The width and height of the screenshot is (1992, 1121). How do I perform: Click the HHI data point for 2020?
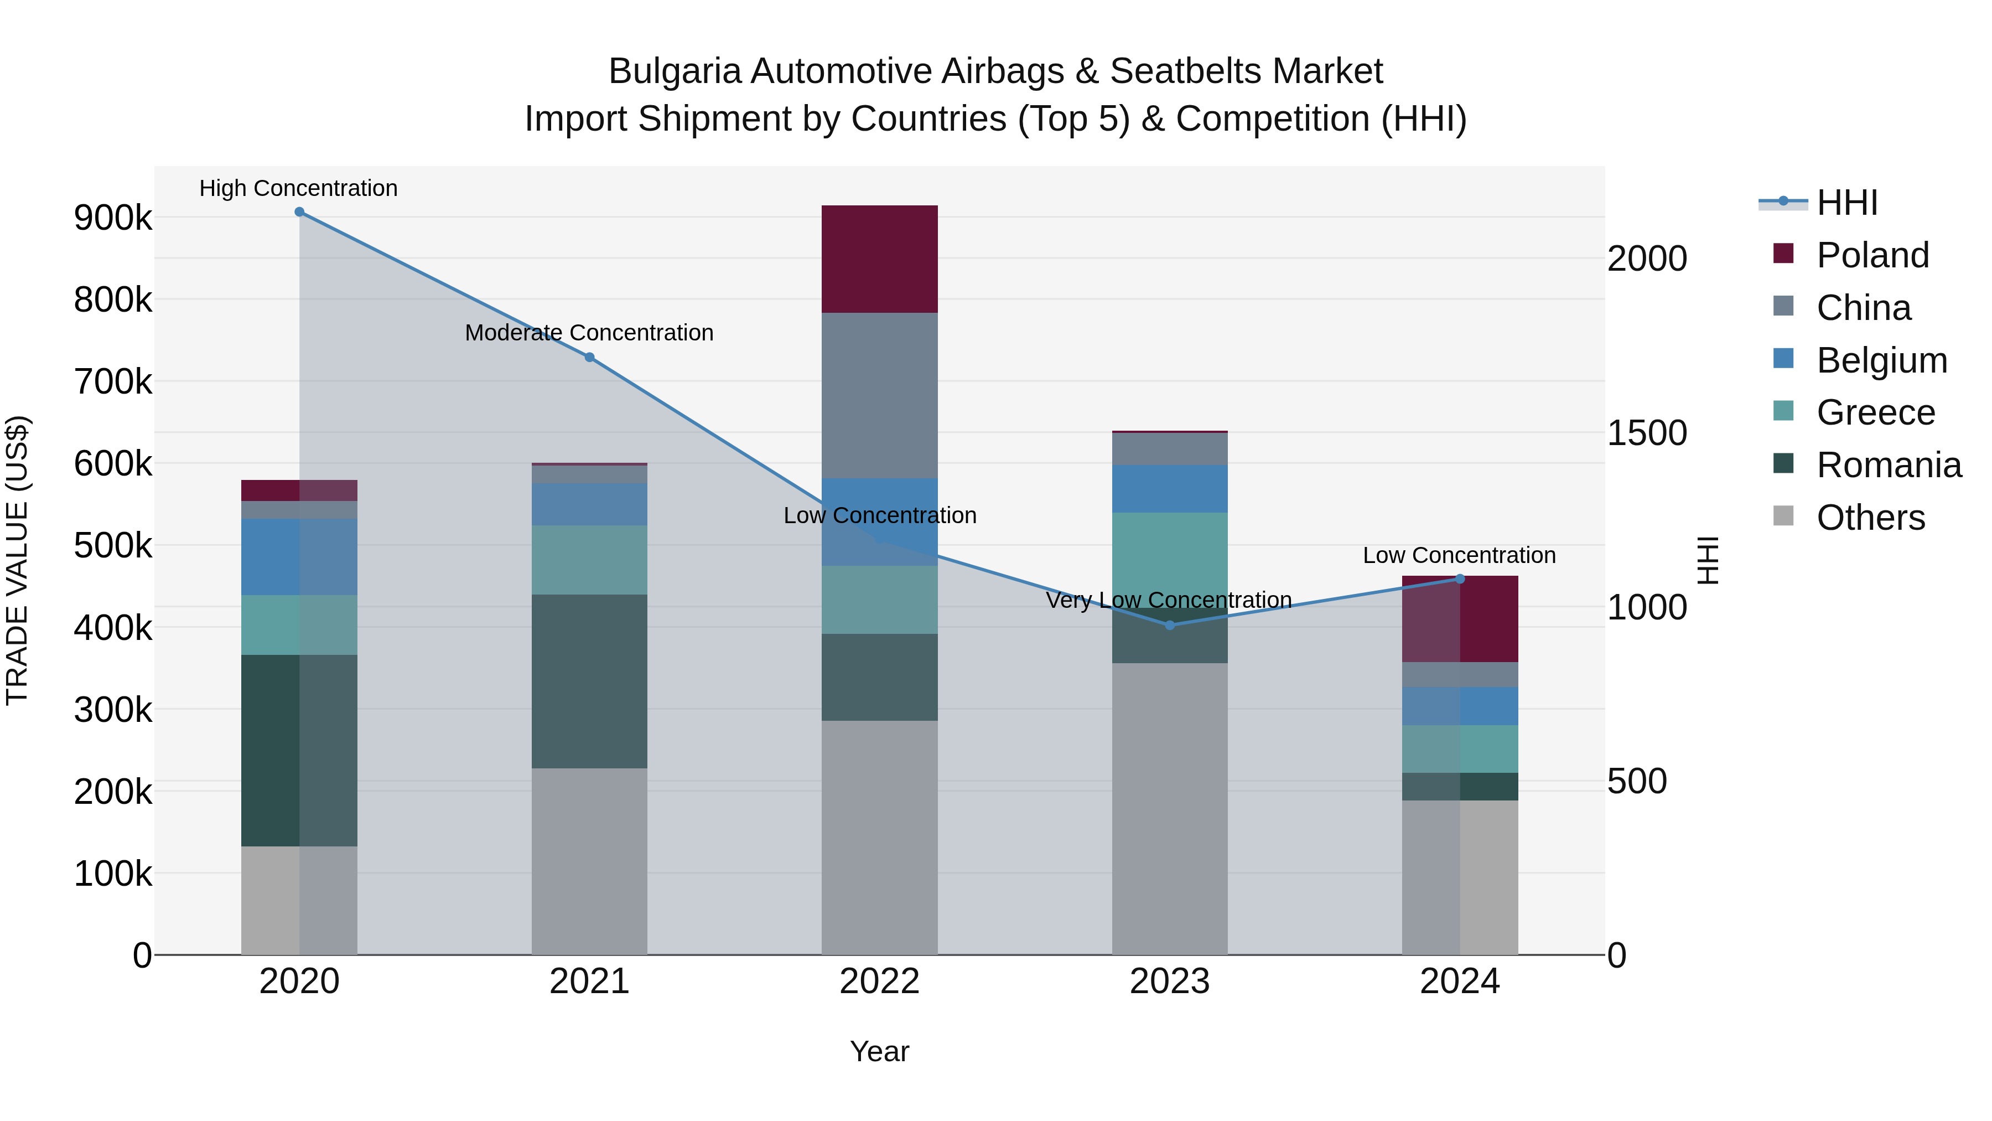point(299,212)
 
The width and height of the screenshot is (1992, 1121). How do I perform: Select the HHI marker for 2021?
point(589,358)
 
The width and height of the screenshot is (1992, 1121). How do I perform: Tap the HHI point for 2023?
point(1169,625)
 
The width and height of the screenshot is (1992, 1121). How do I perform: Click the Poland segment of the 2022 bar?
point(879,259)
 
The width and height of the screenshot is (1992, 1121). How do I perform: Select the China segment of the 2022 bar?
point(879,395)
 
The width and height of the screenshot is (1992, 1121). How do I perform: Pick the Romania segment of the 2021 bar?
point(589,681)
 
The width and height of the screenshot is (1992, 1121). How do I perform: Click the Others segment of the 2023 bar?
point(1169,808)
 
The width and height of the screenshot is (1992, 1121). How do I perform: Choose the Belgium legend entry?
point(1881,360)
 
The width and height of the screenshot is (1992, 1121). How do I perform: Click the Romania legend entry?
point(1889,465)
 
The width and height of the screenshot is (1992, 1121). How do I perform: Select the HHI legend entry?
point(1846,203)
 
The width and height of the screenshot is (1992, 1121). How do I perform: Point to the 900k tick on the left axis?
point(113,218)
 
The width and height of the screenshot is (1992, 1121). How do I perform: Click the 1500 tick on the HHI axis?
point(1647,433)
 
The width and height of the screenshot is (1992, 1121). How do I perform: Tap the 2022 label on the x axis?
point(879,981)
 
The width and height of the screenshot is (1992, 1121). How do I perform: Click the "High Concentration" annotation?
point(298,188)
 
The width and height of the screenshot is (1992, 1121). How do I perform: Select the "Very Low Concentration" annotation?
point(1169,600)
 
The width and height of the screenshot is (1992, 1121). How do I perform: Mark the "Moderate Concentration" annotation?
point(589,333)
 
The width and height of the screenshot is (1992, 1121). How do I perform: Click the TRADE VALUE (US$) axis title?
point(18,560)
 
